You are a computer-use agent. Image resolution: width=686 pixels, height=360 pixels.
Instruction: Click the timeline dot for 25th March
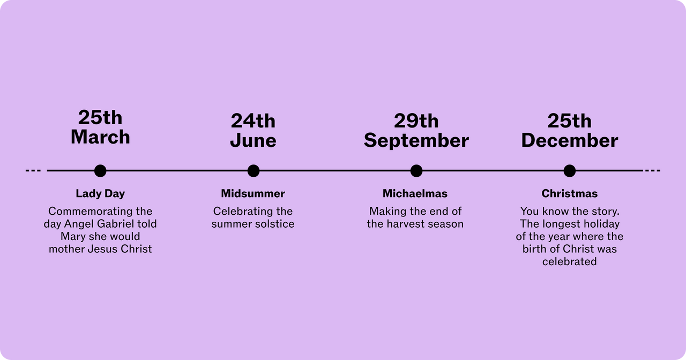coord(100,170)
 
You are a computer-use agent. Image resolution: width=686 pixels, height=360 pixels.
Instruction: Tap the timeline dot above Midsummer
coord(253,170)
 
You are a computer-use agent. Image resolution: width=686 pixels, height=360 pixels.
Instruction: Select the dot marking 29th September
coord(416,170)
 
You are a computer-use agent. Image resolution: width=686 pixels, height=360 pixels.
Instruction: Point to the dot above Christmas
coord(569,170)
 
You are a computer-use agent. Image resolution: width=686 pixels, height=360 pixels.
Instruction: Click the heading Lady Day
coord(100,194)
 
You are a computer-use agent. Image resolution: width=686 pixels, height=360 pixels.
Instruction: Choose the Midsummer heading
coord(253,193)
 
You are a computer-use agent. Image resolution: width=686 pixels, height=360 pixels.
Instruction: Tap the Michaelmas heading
coord(415,193)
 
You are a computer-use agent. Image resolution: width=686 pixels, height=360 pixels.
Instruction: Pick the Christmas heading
coord(569,193)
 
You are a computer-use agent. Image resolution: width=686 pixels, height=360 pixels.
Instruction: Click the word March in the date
coord(100,137)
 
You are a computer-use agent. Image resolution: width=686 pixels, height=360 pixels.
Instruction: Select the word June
coord(253,140)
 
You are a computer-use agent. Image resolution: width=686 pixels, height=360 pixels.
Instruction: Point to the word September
coord(416,141)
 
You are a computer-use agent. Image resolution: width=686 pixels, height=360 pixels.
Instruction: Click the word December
coord(569,140)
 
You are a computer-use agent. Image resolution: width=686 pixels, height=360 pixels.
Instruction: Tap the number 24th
coord(253,121)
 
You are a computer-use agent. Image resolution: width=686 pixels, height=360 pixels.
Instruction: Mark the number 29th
coord(416,121)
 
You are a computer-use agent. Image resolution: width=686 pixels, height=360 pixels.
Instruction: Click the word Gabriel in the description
coord(114,224)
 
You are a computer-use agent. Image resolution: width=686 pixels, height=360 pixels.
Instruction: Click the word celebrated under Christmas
coord(569,261)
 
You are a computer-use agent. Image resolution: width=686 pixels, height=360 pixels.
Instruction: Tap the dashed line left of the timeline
coord(33,170)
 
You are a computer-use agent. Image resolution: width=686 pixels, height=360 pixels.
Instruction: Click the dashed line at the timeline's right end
coord(653,170)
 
